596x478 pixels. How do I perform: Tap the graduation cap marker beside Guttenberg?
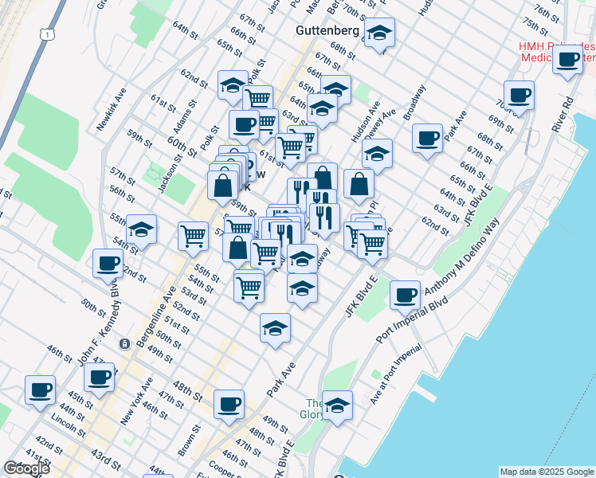[x=380, y=33]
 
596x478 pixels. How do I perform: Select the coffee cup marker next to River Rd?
[x=568, y=60]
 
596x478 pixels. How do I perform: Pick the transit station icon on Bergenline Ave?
[x=124, y=343]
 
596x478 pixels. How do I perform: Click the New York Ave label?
[x=135, y=402]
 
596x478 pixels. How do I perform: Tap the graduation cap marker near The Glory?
[x=338, y=405]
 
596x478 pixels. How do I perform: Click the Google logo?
[x=26, y=468]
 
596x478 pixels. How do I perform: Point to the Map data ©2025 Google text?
[x=547, y=472]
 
